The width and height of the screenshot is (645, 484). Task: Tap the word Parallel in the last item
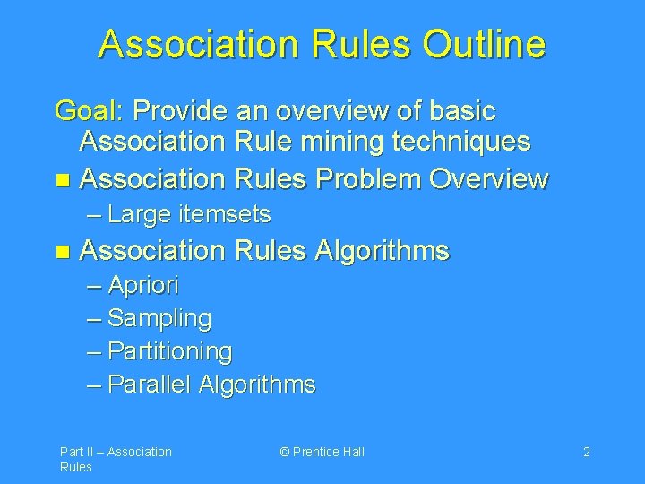click(150, 385)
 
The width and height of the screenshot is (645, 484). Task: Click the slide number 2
click(586, 452)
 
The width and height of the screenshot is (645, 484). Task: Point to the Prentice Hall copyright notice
click(322, 452)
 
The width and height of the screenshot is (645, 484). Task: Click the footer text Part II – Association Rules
click(115, 459)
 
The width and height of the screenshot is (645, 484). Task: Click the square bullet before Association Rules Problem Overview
click(60, 179)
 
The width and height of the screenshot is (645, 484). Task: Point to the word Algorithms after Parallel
click(257, 385)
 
